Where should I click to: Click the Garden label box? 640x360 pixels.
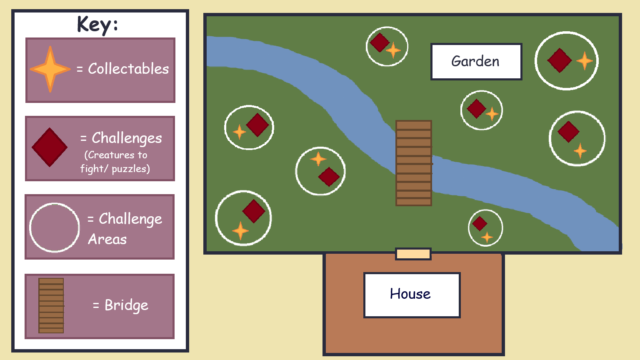(x=476, y=61)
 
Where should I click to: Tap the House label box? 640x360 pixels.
(x=412, y=295)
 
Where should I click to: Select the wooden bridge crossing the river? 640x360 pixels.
(x=413, y=163)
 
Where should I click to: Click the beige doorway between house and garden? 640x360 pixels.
(x=413, y=254)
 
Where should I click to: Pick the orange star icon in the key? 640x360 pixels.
(x=50, y=69)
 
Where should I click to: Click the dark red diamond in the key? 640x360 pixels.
(x=50, y=147)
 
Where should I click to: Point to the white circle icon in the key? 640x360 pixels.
(x=55, y=227)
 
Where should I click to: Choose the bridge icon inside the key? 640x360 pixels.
(x=51, y=305)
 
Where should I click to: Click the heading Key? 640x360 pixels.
(x=97, y=25)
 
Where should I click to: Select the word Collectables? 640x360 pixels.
(x=128, y=69)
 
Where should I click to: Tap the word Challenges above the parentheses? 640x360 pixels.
(x=127, y=138)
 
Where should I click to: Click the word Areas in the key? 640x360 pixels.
(x=107, y=239)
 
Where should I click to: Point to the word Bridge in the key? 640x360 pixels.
(x=126, y=305)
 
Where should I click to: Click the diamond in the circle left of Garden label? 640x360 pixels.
(x=380, y=42)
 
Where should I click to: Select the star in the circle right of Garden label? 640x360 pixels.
(x=585, y=61)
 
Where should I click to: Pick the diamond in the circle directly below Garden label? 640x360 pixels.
(x=476, y=109)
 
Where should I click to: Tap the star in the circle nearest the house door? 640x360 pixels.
(x=487, y=237)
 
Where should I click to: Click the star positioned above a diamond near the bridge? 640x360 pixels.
(x=318, y=159)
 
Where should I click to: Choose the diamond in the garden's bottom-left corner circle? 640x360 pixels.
(x=254, y=211)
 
